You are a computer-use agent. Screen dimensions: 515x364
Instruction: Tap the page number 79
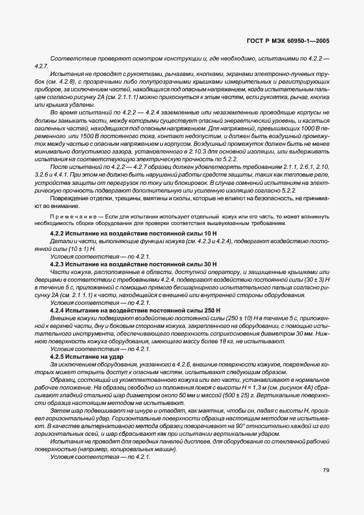(326, 470)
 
